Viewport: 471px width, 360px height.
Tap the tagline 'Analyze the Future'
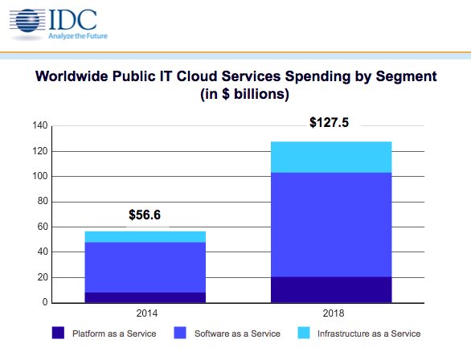[x=77, y=36]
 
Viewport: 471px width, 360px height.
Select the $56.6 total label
[x=145, y=215]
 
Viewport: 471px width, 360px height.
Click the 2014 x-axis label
[x=145, y=313]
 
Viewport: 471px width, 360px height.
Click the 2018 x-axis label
[x=331, y=313]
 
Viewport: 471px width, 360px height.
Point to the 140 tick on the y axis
[x=39, y=125]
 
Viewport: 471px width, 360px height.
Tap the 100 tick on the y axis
[x=39, y=176]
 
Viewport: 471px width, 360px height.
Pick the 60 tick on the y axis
[x=42, y=227]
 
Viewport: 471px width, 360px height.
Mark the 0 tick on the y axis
[x=45, y=303]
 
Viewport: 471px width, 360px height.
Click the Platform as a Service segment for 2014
[x=145, y=297]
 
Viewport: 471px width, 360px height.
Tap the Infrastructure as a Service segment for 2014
[x=145, y=236]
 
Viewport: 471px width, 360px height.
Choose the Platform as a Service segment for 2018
[x=331, y=289]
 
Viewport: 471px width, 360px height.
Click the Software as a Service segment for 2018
[x=331, y=224]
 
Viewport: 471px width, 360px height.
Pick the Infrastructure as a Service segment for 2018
[x=331, y=157]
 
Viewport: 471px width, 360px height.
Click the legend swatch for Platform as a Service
[x=57, y=333]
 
